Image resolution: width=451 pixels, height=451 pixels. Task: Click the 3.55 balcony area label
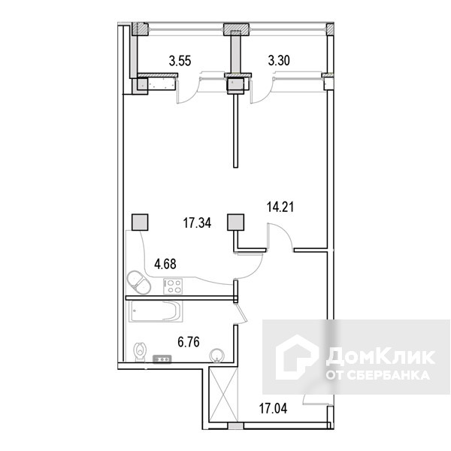pyautogui.click(x=180, y=61)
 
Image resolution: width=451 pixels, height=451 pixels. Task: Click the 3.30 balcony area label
pyautogui.click(x=279, y=61)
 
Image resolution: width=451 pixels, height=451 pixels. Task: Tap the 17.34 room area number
pyautogui.click(x=197, y=223)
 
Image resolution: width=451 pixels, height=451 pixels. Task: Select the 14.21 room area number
pyautogui.click(x=280, y=207)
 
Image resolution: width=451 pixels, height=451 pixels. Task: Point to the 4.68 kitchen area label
pyautogui.click(x=165, y=264)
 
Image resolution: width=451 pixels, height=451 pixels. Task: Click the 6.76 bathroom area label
pyautogui.click(x=189, y=342)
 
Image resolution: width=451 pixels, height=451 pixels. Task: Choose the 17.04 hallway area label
pyautogui.click(x=274, y=408)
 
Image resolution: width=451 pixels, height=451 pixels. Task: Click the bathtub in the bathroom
pyautogui.click(x=156, y=311)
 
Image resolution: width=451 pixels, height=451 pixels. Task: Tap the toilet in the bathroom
pyautogui.click(x=140, y=353)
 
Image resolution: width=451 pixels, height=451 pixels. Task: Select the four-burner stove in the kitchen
pyautogui.click(x=173, y=286)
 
